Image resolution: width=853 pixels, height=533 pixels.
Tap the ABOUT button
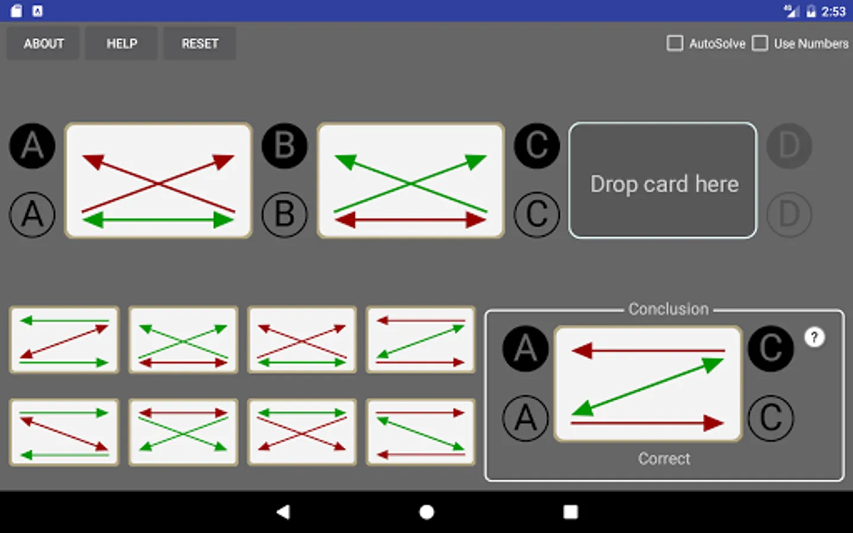click(x=43, y=43)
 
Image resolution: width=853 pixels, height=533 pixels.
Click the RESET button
click(x=200, y=43)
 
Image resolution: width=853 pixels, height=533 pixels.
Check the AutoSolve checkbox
click(x=674, y=43)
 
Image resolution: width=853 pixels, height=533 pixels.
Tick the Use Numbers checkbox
click(x=759, y=43)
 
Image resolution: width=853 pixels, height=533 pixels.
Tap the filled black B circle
click(x=284, y=146)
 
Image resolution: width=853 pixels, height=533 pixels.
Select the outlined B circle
click(x=284, y=215)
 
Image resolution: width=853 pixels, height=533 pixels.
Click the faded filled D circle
click(x=789, y=146)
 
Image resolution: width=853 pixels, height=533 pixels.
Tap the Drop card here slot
click(x=663, y=181)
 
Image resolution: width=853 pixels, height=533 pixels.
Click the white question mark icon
click(x=814, y=338)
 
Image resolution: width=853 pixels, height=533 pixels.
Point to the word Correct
click(x=664, y=459)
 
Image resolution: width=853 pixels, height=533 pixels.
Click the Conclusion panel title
click(x=669, y=309)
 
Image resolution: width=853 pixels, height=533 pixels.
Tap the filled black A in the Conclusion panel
click(x=525, y=349)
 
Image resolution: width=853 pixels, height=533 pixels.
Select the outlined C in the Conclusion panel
click(x=771, y=418)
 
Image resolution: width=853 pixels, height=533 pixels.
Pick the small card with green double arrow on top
click(x=302, y=432)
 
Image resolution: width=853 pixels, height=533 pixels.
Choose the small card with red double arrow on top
click(x=183, y=432)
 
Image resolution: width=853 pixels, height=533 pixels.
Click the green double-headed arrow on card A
click(x=158, y=220)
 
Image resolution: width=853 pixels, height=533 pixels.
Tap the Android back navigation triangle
click(x=284, y=512)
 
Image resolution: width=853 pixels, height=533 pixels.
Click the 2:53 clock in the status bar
click(x=833, y=11)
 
